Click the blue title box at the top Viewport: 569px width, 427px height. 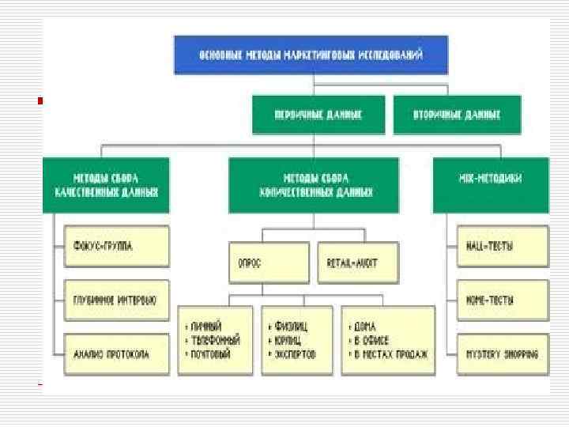311,54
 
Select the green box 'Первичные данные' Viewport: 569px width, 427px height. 318,115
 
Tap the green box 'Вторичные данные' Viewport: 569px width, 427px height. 457,115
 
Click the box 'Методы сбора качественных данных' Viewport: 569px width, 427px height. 106,185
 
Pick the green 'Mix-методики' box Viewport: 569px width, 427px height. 490,185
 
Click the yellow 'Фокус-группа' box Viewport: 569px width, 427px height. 116,247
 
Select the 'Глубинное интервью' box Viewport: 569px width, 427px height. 116,300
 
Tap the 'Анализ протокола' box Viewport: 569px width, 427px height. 116,353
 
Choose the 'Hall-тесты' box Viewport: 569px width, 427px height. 503,247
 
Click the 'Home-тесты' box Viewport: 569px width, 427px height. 503,300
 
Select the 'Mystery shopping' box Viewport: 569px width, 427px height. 503,353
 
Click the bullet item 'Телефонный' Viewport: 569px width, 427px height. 215,340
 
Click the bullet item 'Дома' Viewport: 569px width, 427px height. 366,326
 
